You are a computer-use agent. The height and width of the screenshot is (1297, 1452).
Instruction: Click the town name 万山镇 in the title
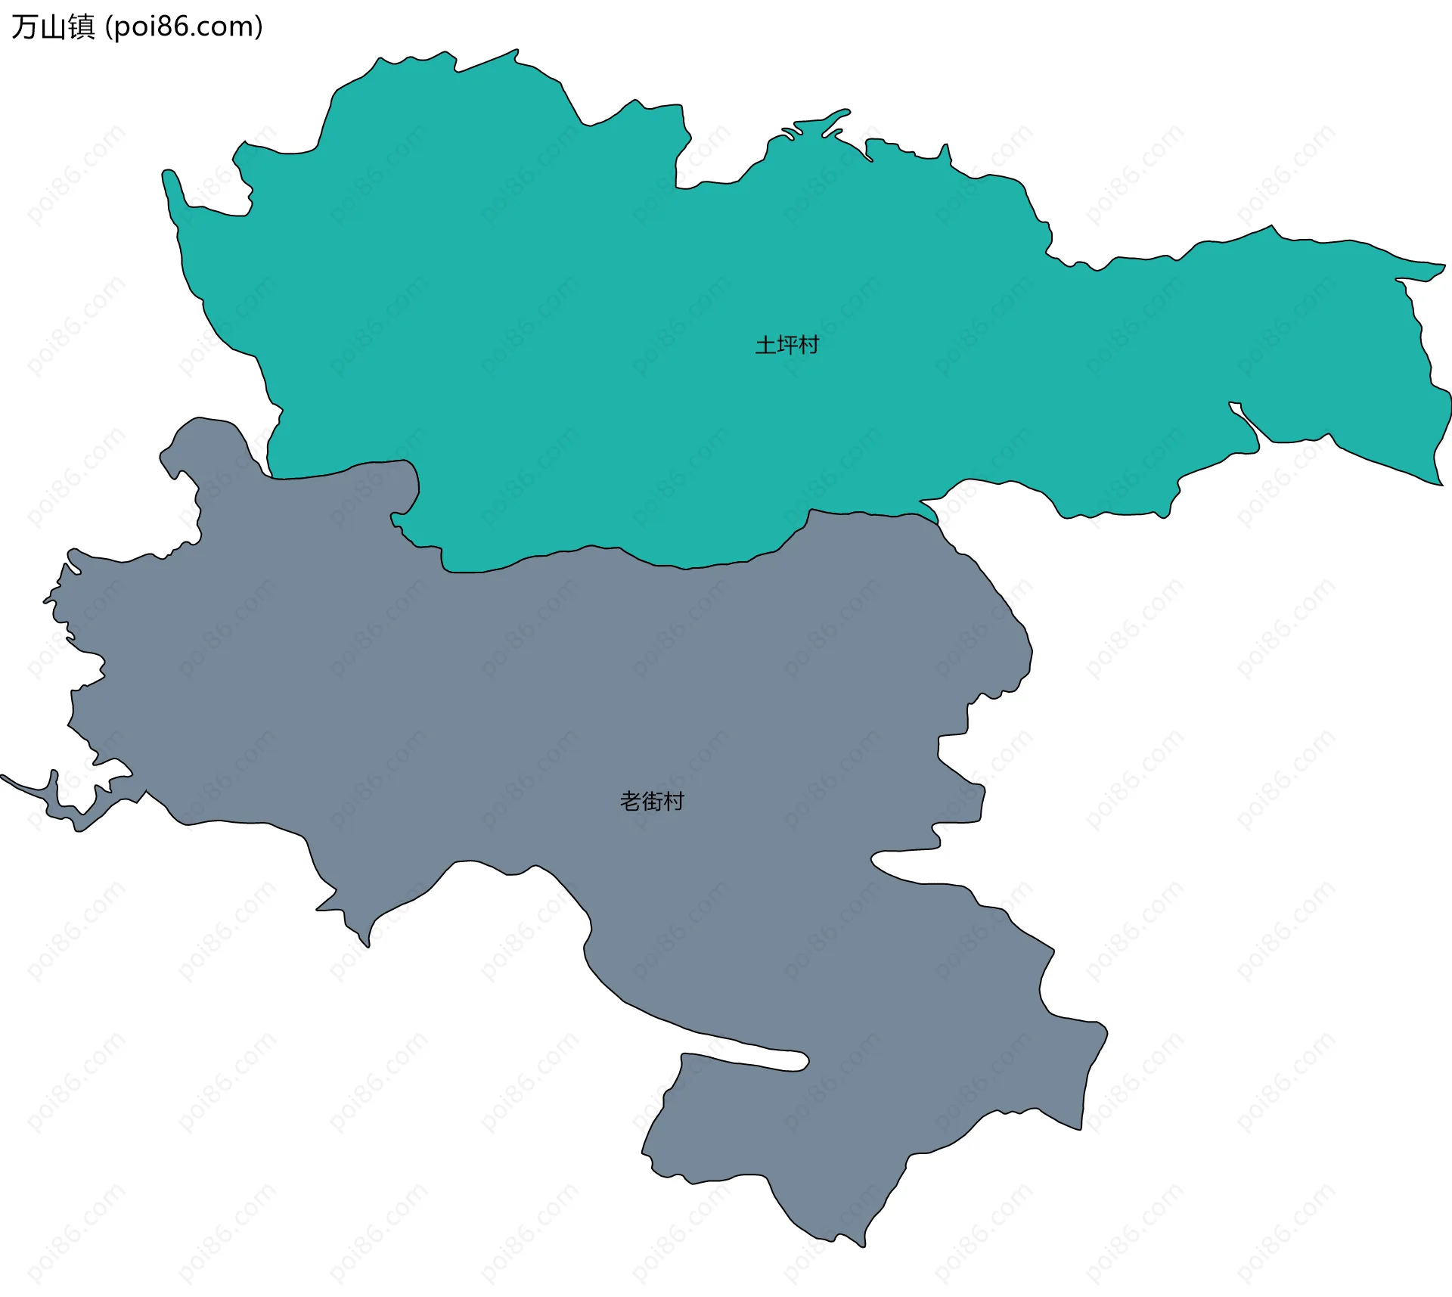[53, 27]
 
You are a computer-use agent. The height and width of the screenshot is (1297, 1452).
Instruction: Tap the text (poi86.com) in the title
[184, 27]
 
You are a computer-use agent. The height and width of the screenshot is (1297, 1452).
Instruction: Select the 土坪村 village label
[786, 346]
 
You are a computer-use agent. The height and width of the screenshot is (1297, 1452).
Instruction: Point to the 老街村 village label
[652, 801]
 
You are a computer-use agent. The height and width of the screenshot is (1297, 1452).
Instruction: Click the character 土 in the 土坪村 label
[765, 346]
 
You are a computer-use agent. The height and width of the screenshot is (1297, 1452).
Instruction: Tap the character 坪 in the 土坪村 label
[786, 346]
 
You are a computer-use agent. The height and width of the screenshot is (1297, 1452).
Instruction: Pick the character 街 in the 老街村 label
[652, 801]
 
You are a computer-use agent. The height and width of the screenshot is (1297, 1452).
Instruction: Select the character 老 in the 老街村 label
[631, 801]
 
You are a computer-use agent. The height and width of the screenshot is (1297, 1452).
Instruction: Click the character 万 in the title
[24, 27]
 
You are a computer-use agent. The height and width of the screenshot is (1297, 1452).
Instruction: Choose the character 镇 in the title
[82, 27]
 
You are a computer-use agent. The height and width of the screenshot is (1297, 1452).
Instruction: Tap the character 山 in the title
[53, 27]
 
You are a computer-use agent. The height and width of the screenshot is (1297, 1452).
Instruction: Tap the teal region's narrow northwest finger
[172, 185]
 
